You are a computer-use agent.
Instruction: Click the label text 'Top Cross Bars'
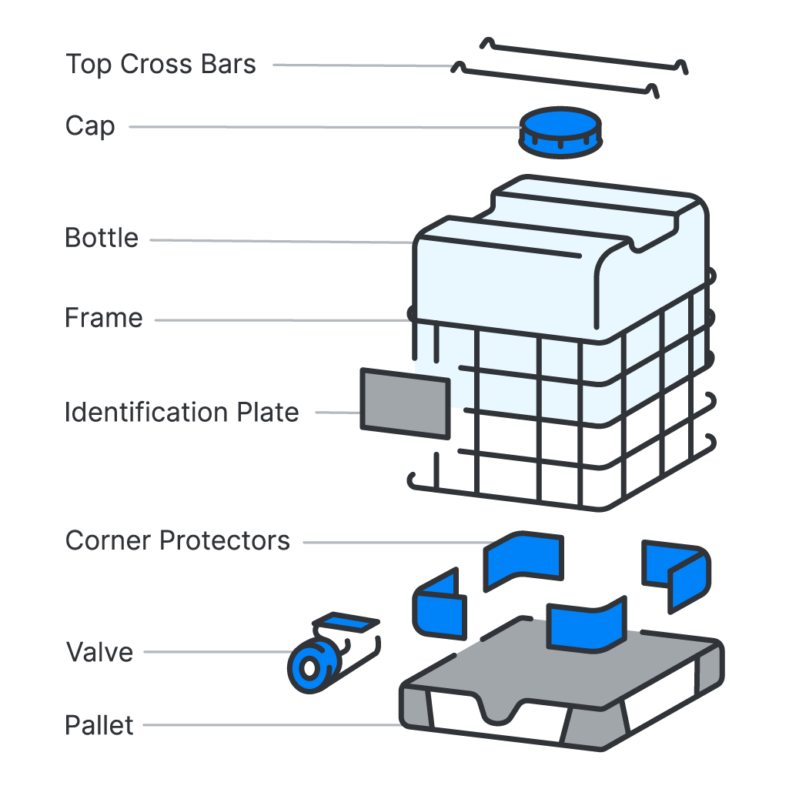click(160, 65)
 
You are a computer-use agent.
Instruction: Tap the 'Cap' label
click(90, 126)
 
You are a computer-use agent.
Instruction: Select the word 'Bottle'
click(102, 239)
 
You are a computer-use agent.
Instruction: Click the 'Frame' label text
click(104, 318)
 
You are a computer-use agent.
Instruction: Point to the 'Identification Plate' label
click(182, 413)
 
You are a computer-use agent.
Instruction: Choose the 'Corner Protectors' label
click(178, 541)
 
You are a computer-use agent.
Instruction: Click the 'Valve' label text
click(99, 653)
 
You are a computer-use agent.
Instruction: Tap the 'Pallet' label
click(99, 726)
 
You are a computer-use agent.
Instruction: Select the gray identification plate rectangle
click(405, 403)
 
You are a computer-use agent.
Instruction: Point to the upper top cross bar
click(585, 55)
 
